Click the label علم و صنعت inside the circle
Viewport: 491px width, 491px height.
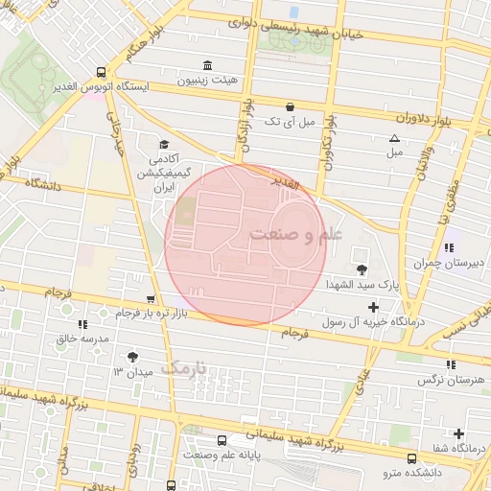click(x=286, y=234)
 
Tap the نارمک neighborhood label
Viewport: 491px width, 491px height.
click(x=183, y=367)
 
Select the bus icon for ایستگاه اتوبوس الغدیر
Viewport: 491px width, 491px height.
click(x=102, y=72)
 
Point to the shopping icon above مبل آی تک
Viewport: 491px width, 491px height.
click(x=290, y=106)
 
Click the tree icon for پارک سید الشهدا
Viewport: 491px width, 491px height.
click(x=361, y=269)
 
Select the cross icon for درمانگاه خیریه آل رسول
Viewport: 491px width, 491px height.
click(x=373, y=306)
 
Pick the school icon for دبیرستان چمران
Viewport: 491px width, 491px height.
click(x=449, y=247)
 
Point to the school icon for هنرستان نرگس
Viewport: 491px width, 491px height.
click(x=450, y=364)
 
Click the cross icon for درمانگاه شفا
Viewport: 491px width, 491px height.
click(x=458, y=433)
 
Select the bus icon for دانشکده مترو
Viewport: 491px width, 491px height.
click(x=411, y=458)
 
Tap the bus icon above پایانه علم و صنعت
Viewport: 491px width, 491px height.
click(x=222, y=440)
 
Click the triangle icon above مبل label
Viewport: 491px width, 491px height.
click(x=394, y=138)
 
